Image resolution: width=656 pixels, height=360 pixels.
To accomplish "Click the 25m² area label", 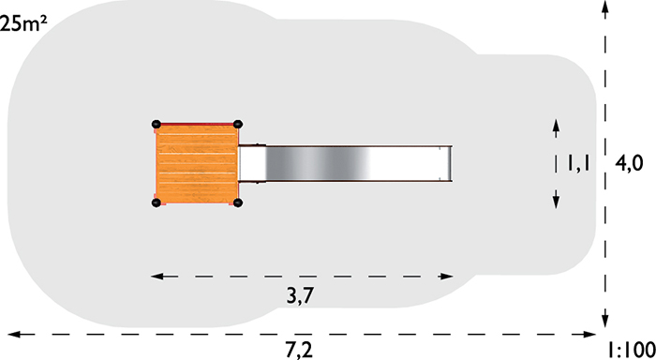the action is [x=23, y=23].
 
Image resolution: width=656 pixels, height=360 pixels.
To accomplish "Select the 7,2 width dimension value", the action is [x=300, y=350].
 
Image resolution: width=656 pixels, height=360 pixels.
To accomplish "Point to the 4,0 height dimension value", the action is [x=629, y=163].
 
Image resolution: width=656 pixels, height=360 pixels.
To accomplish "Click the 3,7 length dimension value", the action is [x=300, y=296].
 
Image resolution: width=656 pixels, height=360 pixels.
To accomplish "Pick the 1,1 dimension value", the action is [x=578, y=163].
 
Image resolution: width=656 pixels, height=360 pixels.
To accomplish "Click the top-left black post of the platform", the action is [x=157, y=124].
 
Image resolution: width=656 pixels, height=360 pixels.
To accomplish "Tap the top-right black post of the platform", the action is [x=238, y=124].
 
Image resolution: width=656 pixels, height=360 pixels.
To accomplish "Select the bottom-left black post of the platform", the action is [x=157, y=203].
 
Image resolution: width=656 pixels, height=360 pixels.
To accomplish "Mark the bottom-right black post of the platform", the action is [x=238, y=203].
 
